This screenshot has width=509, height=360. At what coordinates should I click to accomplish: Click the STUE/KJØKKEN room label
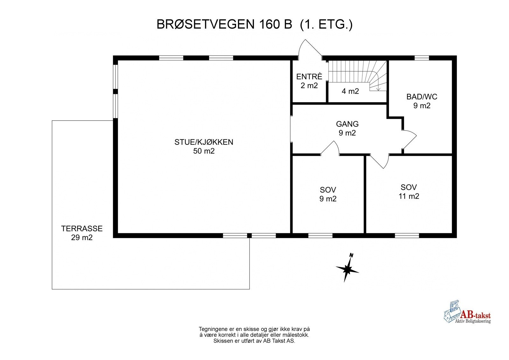(204, 142)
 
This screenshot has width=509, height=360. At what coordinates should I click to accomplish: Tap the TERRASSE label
(82, 229)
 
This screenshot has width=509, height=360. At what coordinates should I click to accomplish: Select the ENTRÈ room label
(309, 77)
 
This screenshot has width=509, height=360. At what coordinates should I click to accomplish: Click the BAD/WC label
(422, 97)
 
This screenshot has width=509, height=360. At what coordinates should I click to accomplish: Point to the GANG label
(347, 124)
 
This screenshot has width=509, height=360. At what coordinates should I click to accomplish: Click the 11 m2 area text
(409, 196)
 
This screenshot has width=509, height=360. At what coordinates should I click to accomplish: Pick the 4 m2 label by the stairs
(350, 91)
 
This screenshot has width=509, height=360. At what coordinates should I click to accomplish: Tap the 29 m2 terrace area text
(82, 237)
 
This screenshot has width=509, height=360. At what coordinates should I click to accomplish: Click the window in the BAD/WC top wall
(422, 58)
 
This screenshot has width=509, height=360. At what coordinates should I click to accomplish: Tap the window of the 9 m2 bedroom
(320, 236)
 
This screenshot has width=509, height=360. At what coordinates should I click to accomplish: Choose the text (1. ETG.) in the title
(326, 25)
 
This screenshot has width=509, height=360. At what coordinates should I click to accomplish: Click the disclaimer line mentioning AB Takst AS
(254, 341)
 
